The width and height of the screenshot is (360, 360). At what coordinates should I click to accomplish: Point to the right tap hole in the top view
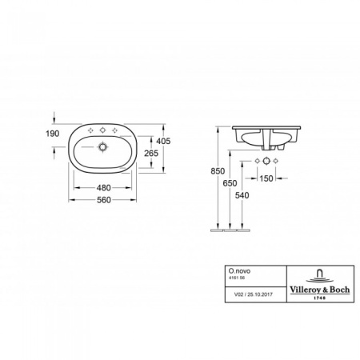tap(118, 130)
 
